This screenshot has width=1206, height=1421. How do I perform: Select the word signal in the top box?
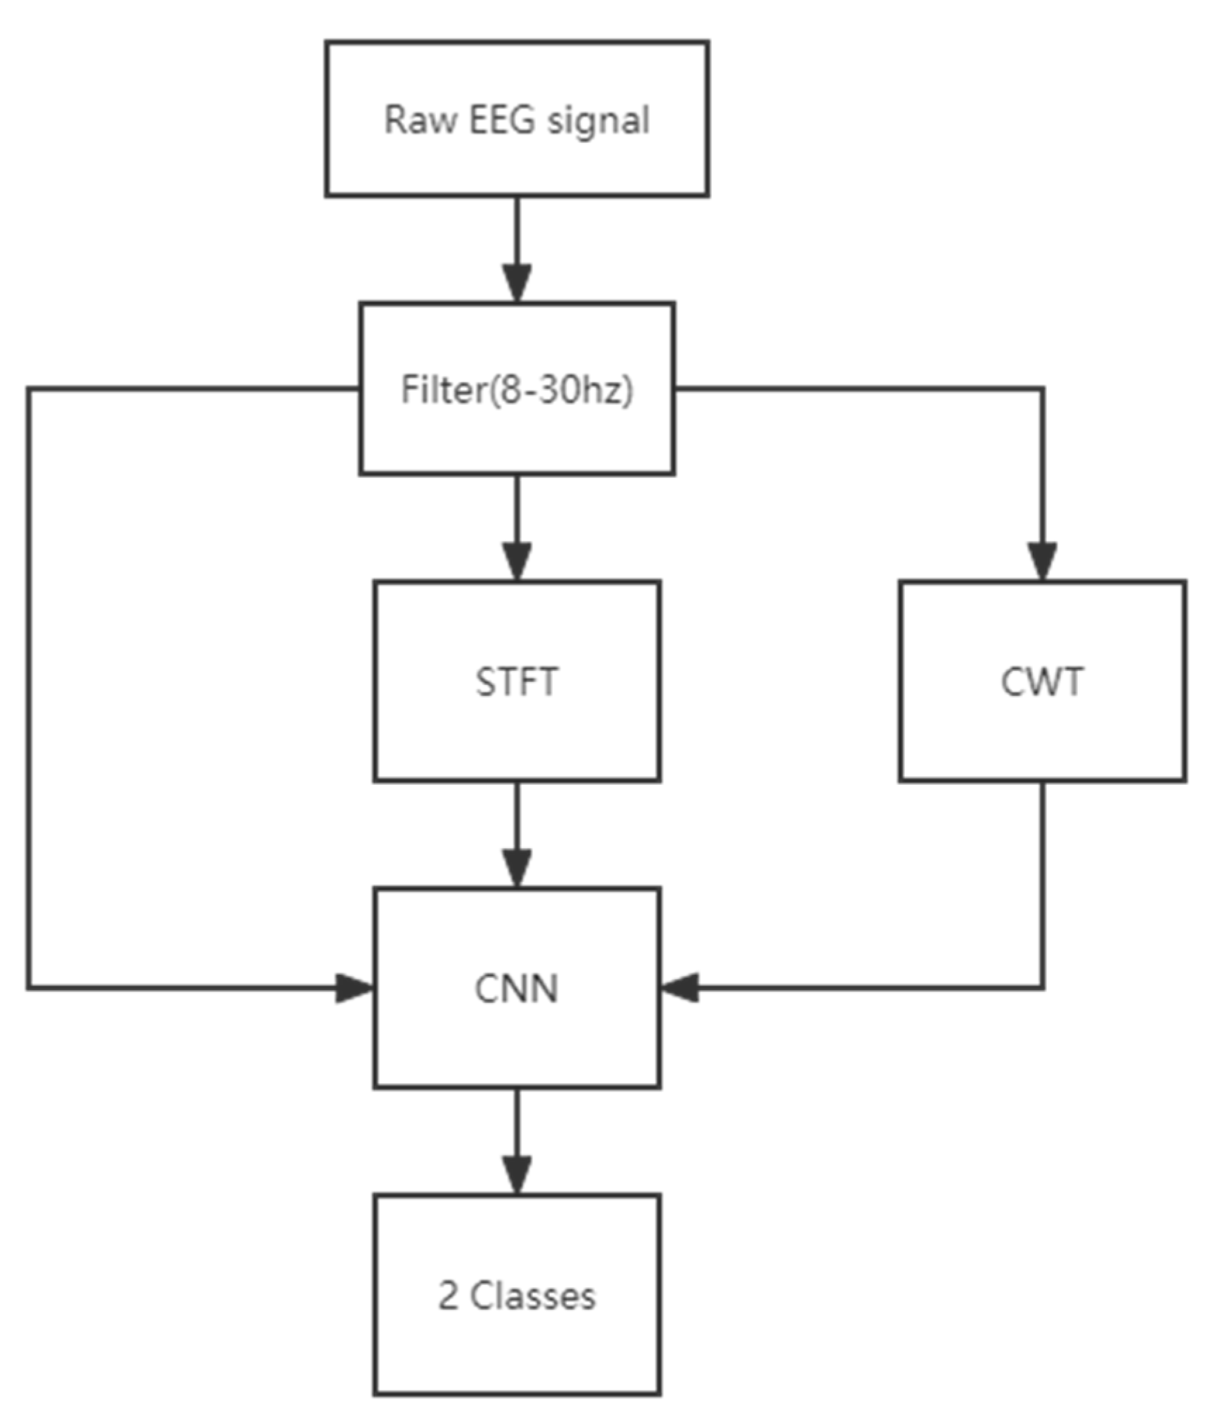(598, 121)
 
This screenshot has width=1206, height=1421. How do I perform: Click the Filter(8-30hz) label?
(517, 389)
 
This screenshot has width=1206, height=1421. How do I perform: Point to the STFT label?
(517, 681)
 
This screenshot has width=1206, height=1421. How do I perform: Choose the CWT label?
(1041, 681)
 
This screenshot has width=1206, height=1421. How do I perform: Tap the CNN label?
(517, 988)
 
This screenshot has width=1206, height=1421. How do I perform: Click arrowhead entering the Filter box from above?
(517, 283)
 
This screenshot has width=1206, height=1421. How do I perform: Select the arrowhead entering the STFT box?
(517, 561)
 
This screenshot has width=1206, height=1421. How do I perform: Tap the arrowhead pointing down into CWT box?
(1042, 561)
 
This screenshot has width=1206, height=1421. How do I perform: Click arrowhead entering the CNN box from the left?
(354, 988)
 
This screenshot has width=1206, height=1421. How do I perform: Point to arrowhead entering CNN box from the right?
(680, 987)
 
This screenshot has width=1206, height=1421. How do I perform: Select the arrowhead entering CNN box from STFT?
(517, 869)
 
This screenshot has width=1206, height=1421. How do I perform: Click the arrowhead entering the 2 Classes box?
(517, 1175)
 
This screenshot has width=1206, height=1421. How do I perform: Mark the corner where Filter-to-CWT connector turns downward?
(1042, 389)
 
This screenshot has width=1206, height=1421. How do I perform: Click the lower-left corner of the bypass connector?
(29, 988)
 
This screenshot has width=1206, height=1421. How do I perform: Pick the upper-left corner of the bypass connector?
(29, 389)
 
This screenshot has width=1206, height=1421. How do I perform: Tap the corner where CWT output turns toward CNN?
(1042, 987)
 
